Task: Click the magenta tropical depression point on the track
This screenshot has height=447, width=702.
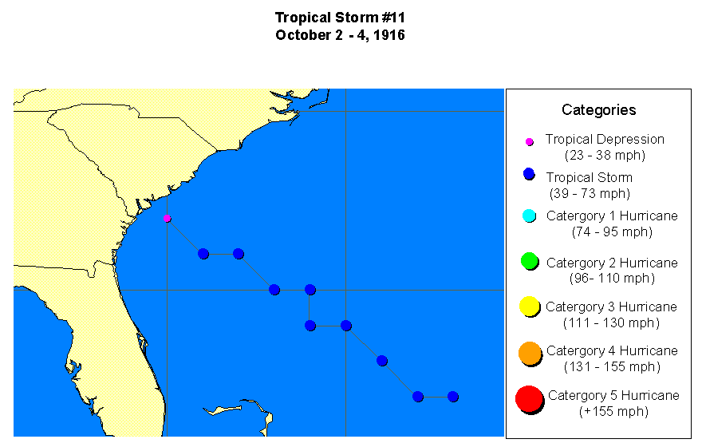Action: coord(167,218)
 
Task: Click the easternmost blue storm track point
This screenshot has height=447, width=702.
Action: coord(453,396)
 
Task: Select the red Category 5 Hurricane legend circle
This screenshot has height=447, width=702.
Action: coord(529,400)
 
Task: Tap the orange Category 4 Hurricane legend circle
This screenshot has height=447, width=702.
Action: coord(529,353)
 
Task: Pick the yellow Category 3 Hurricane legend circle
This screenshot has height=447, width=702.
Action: coord(528,307)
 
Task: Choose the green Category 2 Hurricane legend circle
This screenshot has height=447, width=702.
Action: coord(528,261)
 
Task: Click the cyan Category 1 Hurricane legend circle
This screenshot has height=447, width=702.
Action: coord(528,216)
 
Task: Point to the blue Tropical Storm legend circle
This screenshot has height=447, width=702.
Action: coord(528,175)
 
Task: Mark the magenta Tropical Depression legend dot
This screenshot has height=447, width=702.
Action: coord(528,142)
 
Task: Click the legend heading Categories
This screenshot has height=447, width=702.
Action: coord(598,110)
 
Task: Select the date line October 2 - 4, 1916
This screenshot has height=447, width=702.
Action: coord(341,35)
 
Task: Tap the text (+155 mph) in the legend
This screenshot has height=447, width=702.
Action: coord(613,412)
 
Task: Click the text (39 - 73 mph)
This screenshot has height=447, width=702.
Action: coord(590,193)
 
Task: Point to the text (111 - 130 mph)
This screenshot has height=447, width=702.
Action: coord(611,322)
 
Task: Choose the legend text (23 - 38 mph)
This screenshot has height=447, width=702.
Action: coord(604,155)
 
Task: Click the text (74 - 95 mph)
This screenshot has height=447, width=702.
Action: coord(612,231)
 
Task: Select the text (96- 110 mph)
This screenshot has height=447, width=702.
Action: coord(612,278)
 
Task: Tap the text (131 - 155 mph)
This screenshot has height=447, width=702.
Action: coord(611,366)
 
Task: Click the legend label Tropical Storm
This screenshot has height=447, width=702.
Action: coord(589,177)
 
